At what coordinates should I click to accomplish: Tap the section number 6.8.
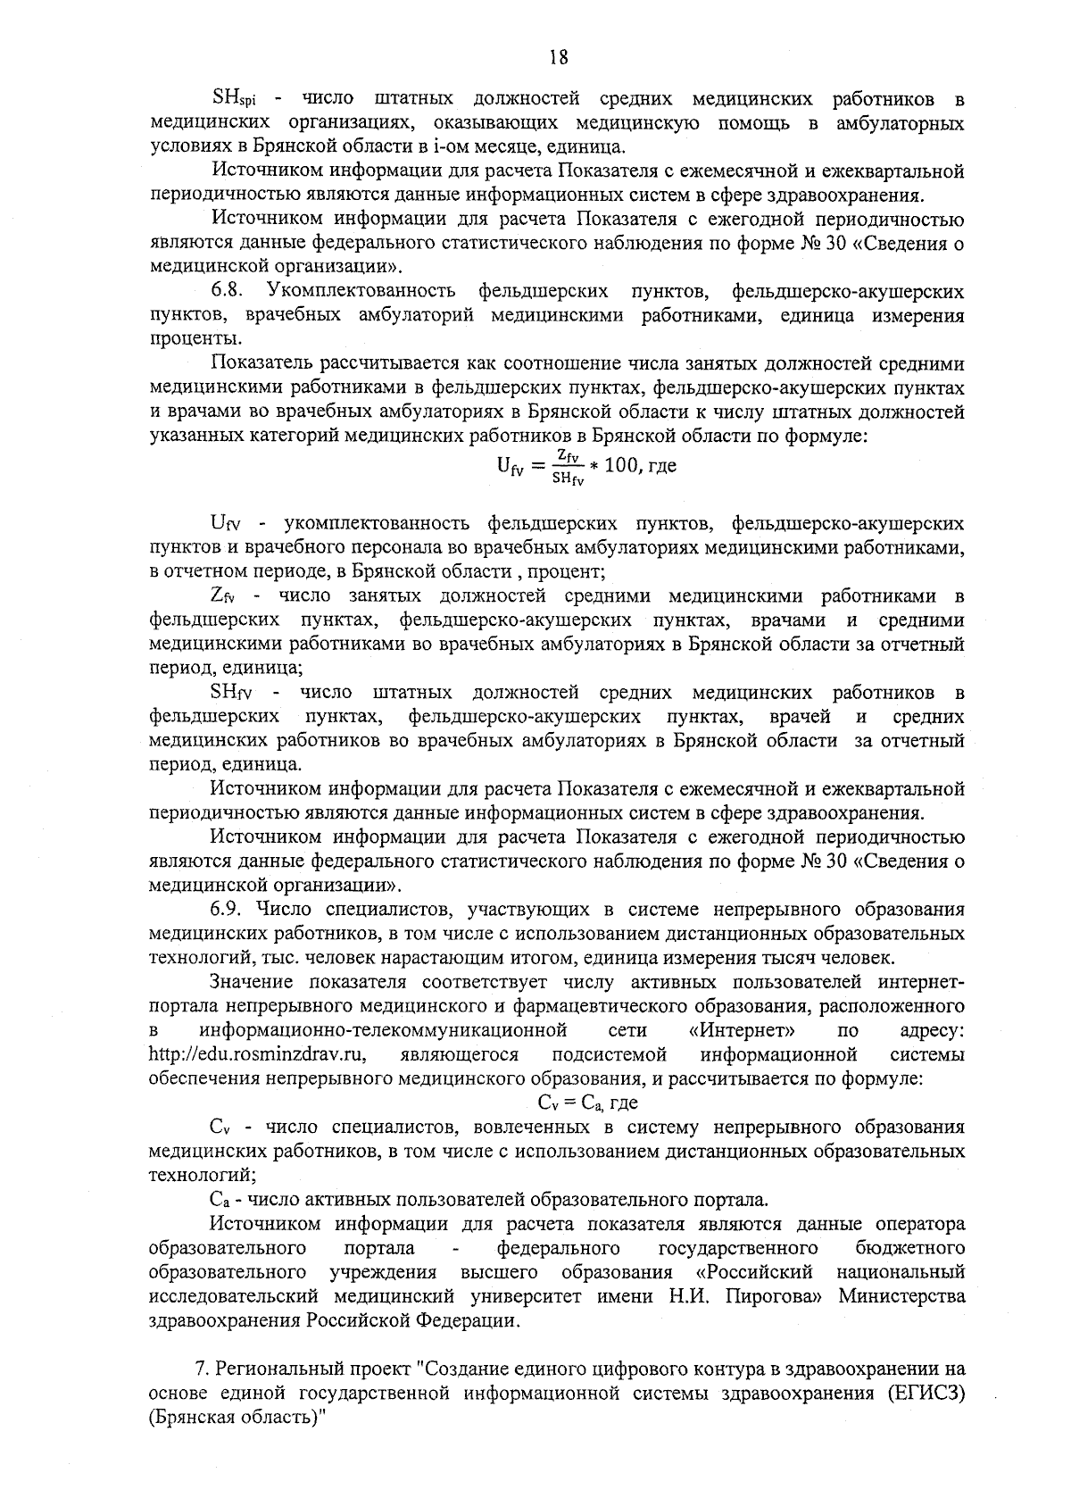tap(228, 291)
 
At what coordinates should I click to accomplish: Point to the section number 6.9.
tap(228, 911)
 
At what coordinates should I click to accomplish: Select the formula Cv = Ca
tap(572, 1103)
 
